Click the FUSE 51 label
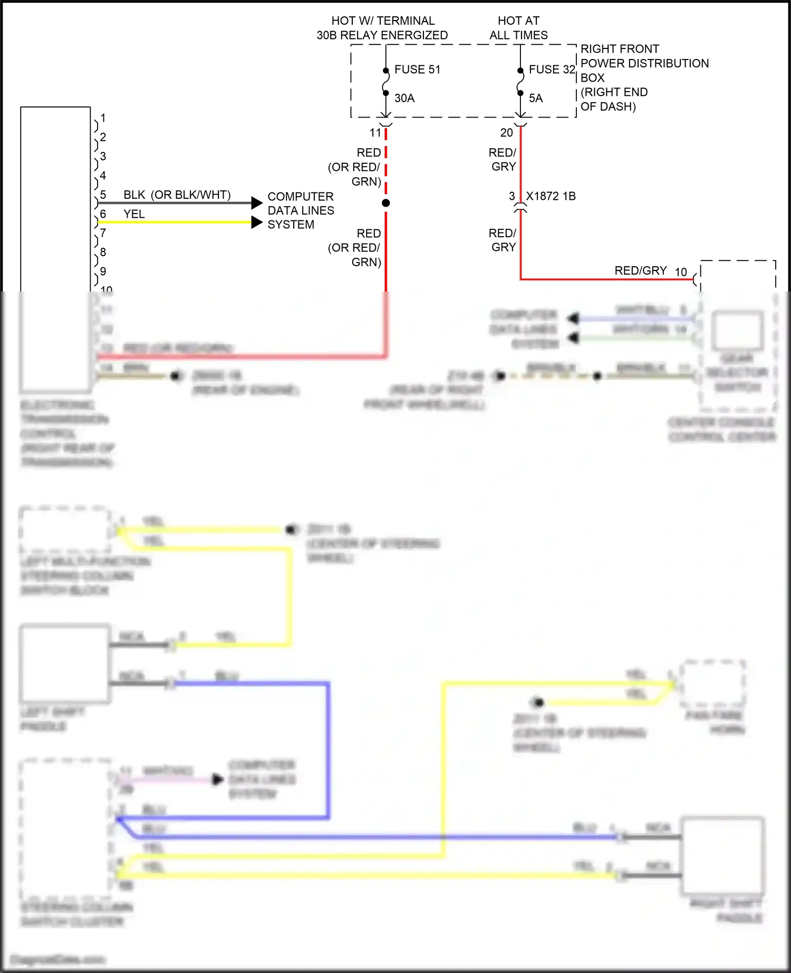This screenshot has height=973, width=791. click(417, 70)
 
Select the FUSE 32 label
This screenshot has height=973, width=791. click(552, 70)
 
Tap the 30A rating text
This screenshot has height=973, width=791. click(404, 98)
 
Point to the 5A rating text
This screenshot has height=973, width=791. click(536, 98)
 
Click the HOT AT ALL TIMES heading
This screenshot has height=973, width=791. click(518, 28)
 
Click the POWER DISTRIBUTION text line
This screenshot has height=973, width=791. click(644, 63)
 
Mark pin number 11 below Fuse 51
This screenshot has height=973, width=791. click(375, 133)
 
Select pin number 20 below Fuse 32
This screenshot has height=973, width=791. click(506, 133)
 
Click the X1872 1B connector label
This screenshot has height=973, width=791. click(551, 196)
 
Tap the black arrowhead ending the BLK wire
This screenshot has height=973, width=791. click(257, 202)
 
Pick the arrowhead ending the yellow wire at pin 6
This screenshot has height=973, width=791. click(257, 222)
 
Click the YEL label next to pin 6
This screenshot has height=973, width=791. click(134, 214)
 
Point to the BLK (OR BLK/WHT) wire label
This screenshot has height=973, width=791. click(177, 195)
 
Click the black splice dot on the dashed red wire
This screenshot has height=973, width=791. click(386, 203)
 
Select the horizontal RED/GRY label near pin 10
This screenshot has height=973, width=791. click(641, 270)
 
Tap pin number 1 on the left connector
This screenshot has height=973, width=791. click(103, 118)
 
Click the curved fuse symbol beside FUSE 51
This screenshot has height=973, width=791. click(386, 82)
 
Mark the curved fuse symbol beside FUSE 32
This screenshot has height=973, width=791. click(520, 82)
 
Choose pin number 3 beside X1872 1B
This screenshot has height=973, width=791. click(512, 196)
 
